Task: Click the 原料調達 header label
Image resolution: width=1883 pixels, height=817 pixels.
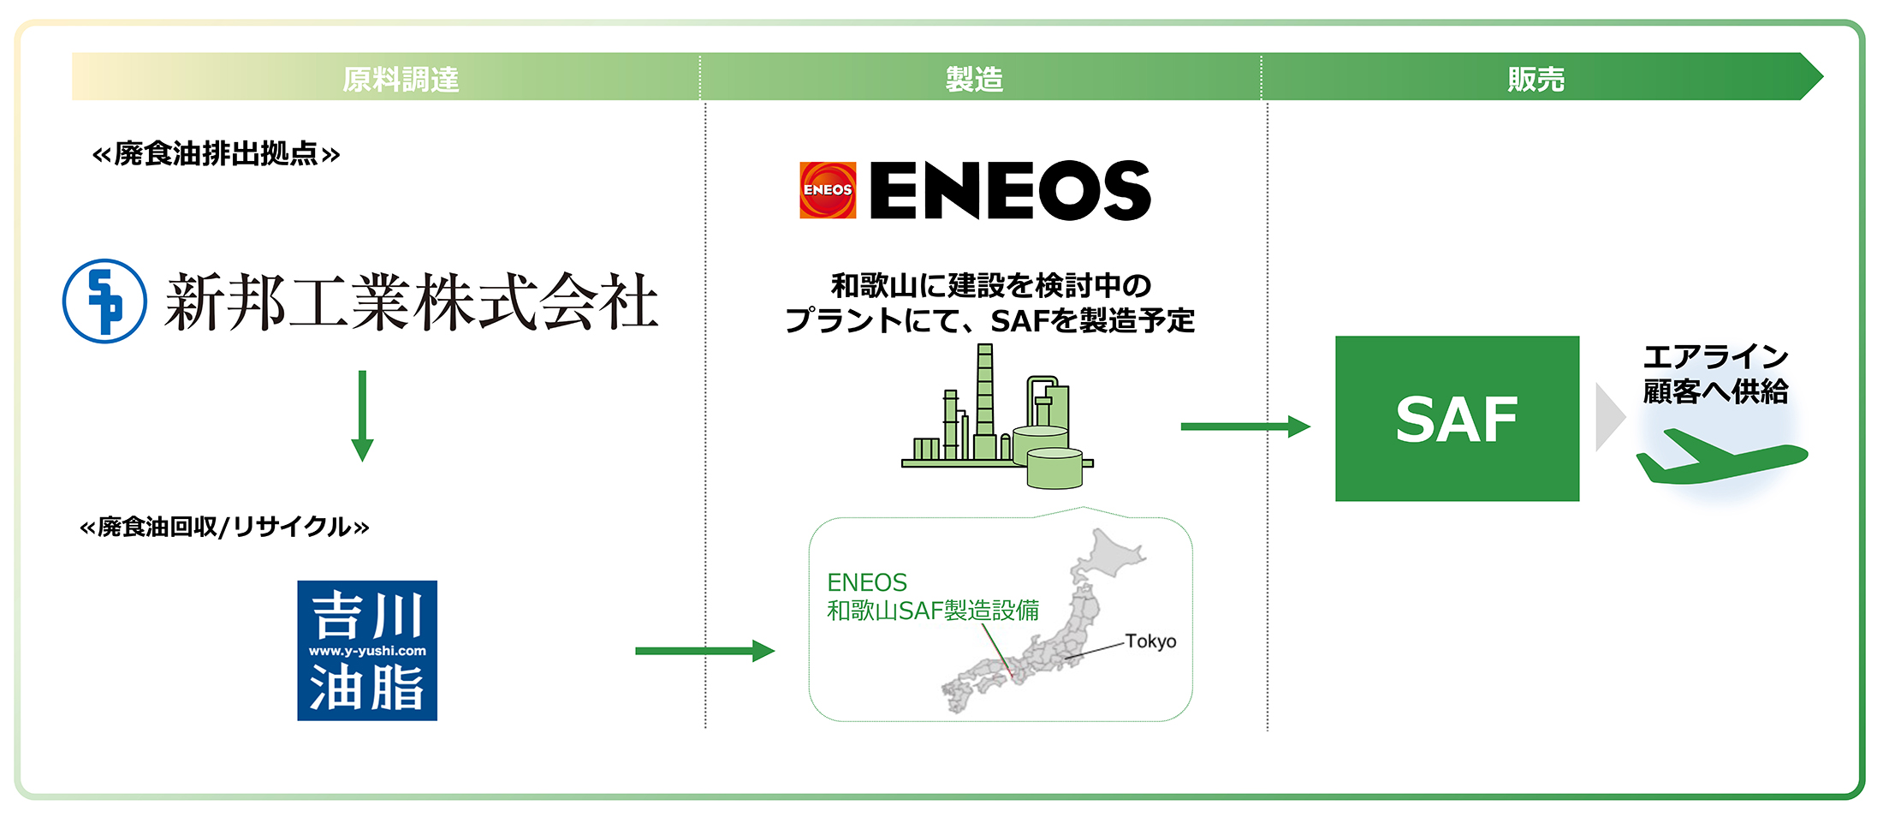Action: [x=401, y=79]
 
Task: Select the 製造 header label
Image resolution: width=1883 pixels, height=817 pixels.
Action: [x=974, y=79]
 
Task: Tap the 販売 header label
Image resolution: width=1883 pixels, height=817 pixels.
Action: [x=1536, y=79]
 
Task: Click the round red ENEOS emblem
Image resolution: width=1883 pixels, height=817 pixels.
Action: [x=828, y=190]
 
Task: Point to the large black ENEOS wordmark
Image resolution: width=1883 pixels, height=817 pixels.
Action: [x=1010, y=190]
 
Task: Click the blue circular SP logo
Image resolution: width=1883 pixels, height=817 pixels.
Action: [x=104, y=301]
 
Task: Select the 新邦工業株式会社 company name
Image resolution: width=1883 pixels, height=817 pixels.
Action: [x=412, y=301]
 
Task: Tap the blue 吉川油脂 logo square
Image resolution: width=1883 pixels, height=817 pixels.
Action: [x=367, y=651]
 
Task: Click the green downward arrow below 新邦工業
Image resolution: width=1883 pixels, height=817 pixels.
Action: [x=362, y=416]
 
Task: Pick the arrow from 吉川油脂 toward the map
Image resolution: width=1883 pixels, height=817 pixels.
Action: [x=704, y=651]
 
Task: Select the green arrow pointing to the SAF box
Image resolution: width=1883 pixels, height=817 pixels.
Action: [x=1244, y=426]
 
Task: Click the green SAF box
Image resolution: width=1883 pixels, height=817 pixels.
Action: [x=1457, y=419]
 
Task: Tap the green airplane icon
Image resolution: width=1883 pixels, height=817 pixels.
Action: [x=1720, y=458]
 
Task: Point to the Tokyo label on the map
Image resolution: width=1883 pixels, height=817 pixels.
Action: [x=1150, y=641]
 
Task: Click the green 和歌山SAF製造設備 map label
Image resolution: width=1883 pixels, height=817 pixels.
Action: [x=933, y=610]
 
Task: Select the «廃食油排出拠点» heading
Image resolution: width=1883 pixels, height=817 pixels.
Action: [x=216, y=154]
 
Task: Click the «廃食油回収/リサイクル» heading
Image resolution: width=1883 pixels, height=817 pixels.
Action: [x=224, y=526]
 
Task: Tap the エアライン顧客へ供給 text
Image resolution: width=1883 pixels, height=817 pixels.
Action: [x=1715, y=373]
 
